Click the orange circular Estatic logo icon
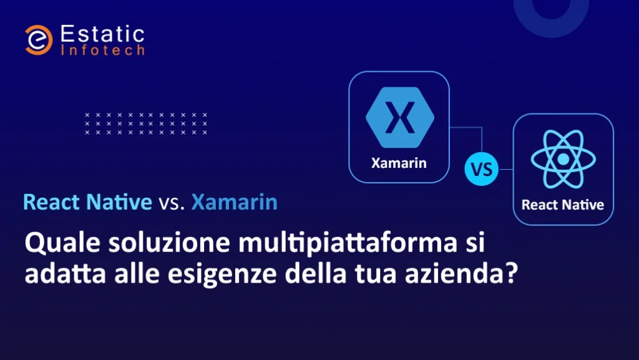tap(38, 40)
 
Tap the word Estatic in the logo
tap(102, 34)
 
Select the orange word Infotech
tap(102, 50)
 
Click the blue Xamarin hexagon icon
tap(400, 117)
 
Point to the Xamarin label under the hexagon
tap(399, 163)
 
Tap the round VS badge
tap(481, 169)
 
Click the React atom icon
tap(563, 159)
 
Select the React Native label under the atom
tap(563, 205)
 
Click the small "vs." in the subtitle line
tap(172, 203)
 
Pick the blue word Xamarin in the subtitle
tap(235, 202)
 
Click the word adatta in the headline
tap(65, 274)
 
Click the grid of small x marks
tap(146, 124)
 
